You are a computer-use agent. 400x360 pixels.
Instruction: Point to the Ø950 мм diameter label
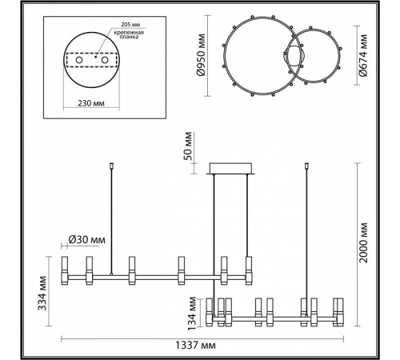click(204, 55)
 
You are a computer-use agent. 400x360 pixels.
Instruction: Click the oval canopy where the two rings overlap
click(294, 57)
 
